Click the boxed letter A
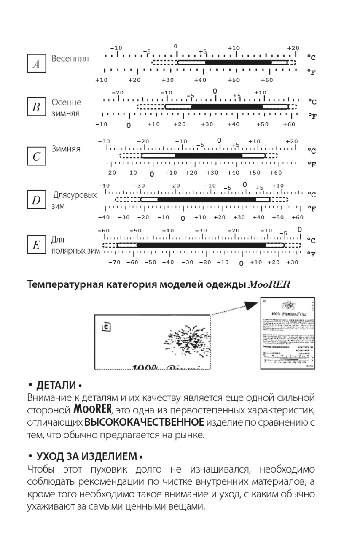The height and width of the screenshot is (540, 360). pos(36,65)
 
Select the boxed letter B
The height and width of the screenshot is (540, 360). pos(36,108)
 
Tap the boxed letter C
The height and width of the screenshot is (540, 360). pos(36,157)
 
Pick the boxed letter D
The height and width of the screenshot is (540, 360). pos(36,200)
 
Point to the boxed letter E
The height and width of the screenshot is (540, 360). pos(36,246)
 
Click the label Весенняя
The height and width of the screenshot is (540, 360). pos(70,59)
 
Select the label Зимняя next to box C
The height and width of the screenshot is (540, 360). pos(66,149)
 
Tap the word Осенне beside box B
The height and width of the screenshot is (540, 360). pos(66,103)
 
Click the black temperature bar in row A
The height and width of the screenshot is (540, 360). pos(238,62)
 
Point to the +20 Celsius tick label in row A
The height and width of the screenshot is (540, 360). pos(293,48)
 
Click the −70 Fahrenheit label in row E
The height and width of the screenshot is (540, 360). pos(114,262)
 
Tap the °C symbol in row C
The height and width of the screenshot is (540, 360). pos(312,151)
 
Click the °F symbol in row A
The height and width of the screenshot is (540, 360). pos(312,72)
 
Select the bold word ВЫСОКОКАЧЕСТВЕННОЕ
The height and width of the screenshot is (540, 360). pos(145,422)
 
